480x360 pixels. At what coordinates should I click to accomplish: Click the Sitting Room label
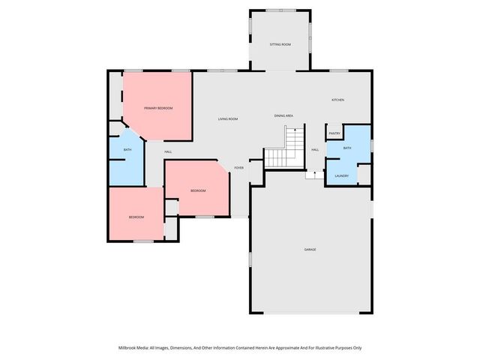[x=280, y=45]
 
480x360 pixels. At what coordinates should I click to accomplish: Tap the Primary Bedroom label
[x=158, y=108]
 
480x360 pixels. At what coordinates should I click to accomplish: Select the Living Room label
[x=228, y=119]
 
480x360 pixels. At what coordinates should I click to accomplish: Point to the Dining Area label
[x=283, y=115]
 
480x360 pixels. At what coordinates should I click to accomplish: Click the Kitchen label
[x=338, y=100]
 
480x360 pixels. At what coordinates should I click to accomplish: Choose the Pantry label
[x=334, y=133]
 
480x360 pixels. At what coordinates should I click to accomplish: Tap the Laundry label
[x=341, y=175]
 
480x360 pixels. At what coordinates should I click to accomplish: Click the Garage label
[x=310, y=249]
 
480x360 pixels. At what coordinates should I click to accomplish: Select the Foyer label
[x=238, y=167]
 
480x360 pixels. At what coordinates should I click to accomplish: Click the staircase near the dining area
[x=286, y=148]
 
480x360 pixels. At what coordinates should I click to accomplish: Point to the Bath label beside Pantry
[x=347, y=148]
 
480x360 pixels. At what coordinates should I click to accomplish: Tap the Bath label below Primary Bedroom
[x=127, y=151]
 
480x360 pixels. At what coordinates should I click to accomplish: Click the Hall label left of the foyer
[x=158, y=151]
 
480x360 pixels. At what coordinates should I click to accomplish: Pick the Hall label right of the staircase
[x=315, y=149]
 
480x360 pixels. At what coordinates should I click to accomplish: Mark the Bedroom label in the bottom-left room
[x=136, y=217]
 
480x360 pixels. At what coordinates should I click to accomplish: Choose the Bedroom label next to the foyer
[x=198, y=190]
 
